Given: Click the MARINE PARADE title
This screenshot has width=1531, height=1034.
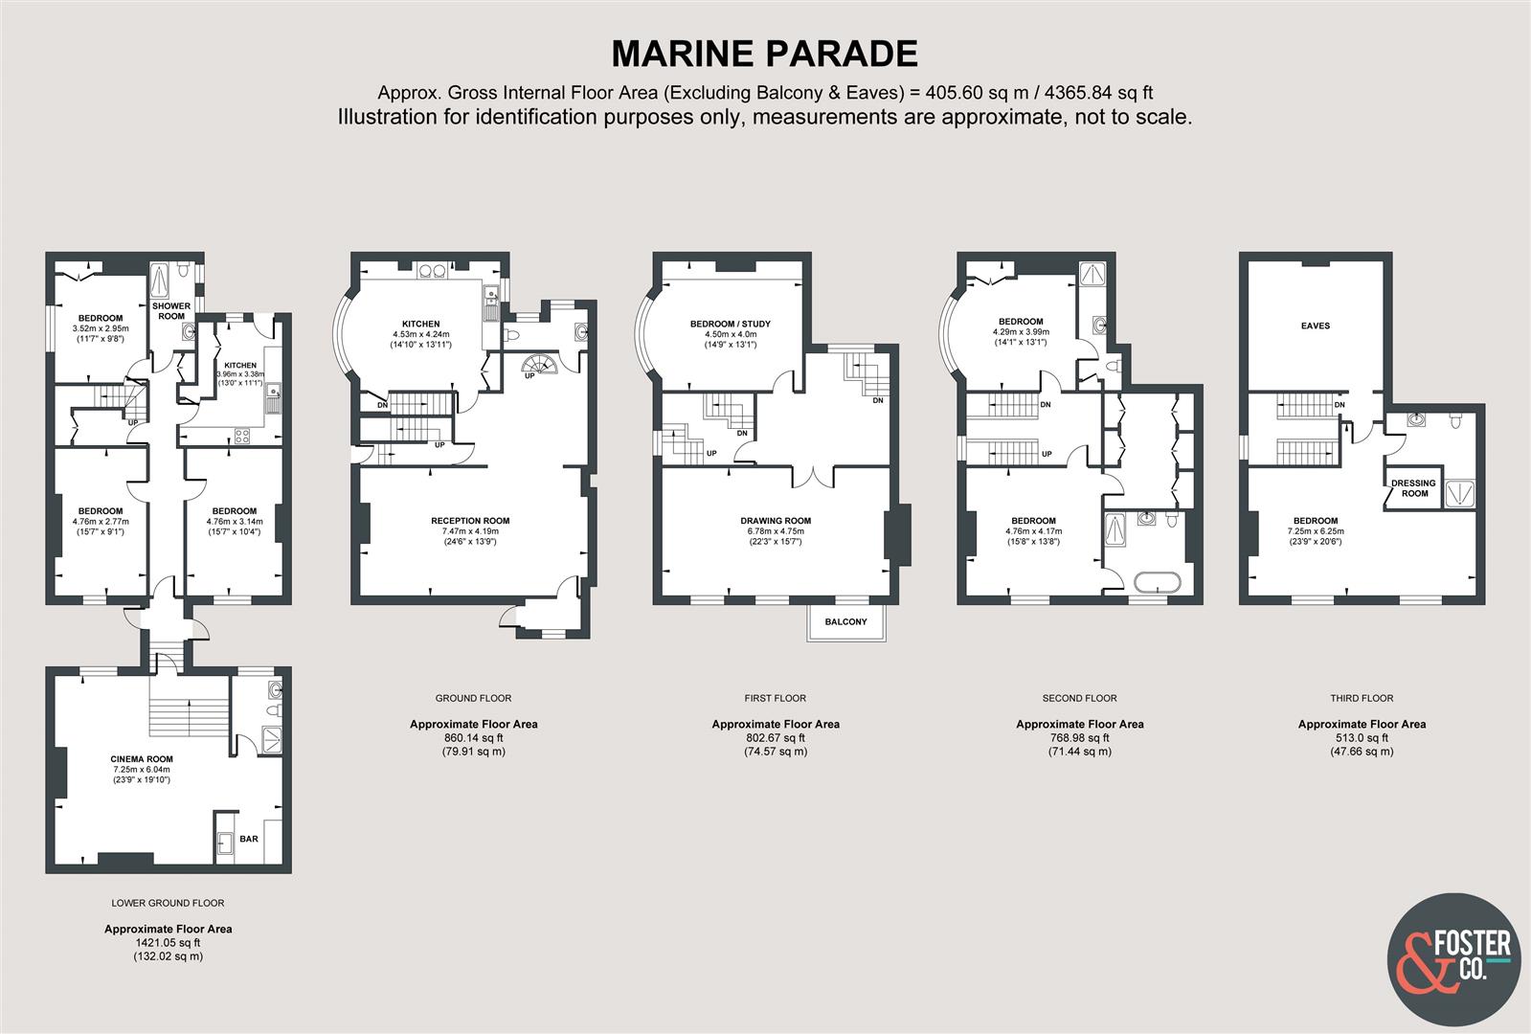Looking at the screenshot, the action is coord(765,54).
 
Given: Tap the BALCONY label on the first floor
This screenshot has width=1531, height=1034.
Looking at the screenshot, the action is coord(846,622).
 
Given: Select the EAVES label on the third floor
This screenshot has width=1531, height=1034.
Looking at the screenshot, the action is coord(1316,326).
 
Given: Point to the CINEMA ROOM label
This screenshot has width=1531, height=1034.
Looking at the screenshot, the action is coord(142,758).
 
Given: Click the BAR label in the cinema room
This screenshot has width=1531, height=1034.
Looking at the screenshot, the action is coord(249,839).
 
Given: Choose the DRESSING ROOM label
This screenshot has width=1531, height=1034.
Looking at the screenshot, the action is coord(1413,488).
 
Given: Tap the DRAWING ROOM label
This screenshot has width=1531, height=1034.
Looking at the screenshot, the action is coord(775,521).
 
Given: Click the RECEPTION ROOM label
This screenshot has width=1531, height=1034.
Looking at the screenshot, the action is coord(470,521).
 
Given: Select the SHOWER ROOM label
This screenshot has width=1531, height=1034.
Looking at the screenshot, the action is coord(171,311).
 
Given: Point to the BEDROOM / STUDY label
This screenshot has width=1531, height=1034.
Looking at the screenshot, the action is coord(731,324).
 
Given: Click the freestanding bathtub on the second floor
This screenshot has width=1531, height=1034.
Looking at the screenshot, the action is coord(1157,583).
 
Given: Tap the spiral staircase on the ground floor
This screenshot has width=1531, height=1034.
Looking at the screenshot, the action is coord(541,365).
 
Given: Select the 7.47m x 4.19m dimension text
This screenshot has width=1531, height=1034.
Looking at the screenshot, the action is coord(470,531).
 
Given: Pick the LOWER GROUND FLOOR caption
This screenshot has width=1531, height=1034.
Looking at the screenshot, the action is coord(169,903).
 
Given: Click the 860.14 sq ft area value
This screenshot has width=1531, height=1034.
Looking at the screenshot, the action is coord(474,737).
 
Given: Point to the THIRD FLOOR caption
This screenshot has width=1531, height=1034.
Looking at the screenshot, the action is coord(1362,698).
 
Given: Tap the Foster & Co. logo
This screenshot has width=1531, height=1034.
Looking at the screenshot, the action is coord(1453,959).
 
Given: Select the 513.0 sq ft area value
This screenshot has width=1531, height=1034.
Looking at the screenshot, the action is coord(1362,737).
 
